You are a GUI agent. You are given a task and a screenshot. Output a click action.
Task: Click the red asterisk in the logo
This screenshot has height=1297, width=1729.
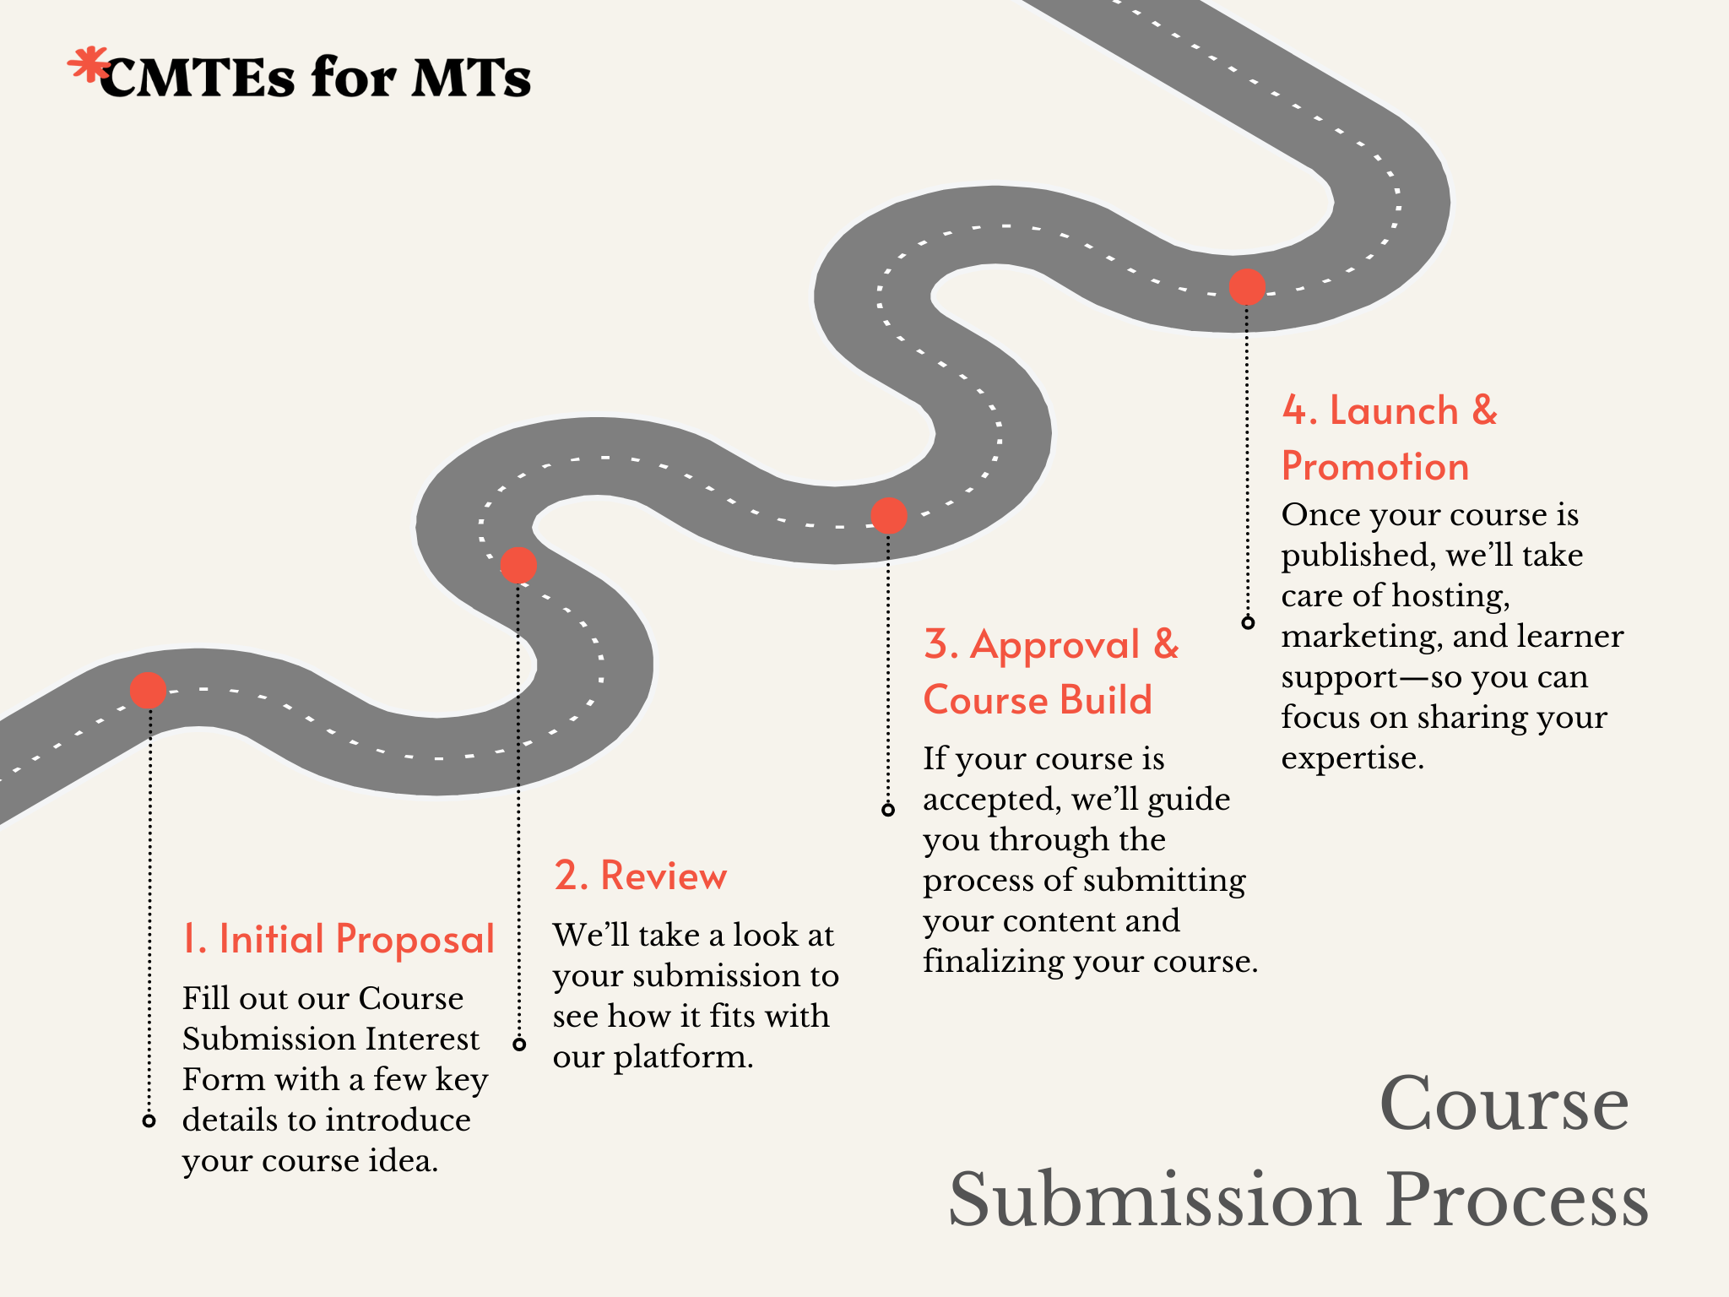point(88,66)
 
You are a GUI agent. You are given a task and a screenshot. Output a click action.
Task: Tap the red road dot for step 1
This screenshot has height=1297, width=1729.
point(149,691)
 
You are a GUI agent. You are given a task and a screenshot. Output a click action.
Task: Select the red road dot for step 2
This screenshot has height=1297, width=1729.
point(518,565)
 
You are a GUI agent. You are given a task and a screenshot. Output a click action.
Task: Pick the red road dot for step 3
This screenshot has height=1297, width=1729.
point(888,515)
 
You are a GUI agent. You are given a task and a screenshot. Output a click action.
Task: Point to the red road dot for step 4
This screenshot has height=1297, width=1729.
point(1247,287)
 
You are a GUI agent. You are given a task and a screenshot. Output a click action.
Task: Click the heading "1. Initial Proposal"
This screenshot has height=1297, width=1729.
point(338,940)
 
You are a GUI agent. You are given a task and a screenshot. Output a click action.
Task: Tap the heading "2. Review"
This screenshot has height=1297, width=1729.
point(640,876)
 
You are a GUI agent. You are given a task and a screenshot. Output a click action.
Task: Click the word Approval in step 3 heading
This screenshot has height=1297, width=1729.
point(1055,646)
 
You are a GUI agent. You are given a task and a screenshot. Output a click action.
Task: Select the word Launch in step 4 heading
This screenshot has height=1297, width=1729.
point(1394,411)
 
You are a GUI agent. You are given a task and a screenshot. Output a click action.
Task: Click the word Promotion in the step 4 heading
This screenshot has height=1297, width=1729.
point(1375,467)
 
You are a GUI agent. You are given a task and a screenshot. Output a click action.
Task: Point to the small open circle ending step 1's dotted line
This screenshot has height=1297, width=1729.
point(149,1121)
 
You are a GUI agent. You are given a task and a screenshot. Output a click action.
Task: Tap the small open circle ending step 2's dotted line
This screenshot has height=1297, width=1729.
point(519,1045)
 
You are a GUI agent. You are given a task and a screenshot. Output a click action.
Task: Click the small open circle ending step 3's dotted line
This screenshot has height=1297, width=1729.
point(888,810)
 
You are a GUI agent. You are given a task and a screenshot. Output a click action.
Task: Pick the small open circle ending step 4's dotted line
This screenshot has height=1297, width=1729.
point(1248,623)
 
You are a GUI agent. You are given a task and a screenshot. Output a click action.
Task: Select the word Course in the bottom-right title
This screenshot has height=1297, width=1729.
point(1504,1104)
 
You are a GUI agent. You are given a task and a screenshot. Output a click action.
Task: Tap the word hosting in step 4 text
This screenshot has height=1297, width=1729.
point(1450,596)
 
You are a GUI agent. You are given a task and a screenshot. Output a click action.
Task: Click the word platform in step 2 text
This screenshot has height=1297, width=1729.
point(683,1057)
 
